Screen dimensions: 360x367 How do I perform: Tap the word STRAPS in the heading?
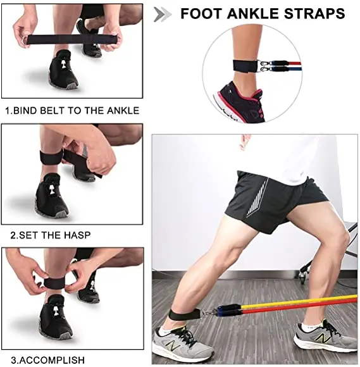point(314,13)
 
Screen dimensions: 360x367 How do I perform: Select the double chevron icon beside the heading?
point(163,15)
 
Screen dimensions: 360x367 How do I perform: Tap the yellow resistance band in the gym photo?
point(300,302)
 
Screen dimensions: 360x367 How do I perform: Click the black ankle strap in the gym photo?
point(185,314)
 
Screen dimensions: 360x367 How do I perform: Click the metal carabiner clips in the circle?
point(264,66)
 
